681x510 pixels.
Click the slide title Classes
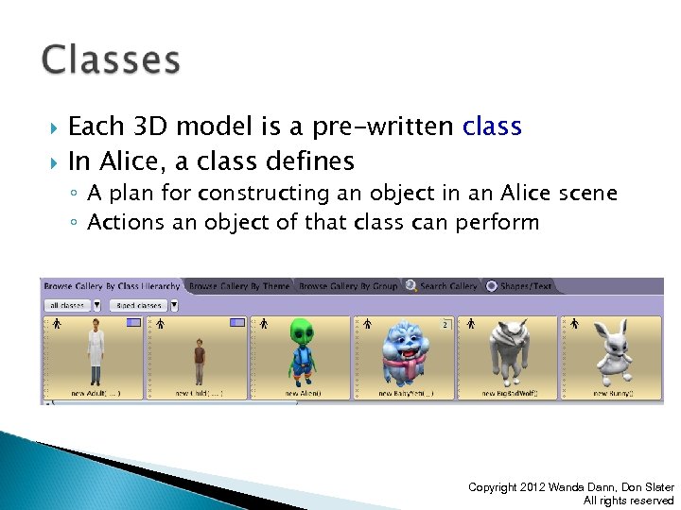click(x=111, y=60)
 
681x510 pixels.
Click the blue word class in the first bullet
click(x=492, y=127)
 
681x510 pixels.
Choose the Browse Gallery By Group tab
click(x=347, y=285)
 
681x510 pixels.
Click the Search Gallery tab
click(x=447, y=285)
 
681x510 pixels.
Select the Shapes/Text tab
click(x=524, y=285)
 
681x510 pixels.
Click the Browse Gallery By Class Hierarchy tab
click(x=111, y=285)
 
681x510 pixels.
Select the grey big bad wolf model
click(x=508, y=354)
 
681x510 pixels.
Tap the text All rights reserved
click(x=628, y=501)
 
